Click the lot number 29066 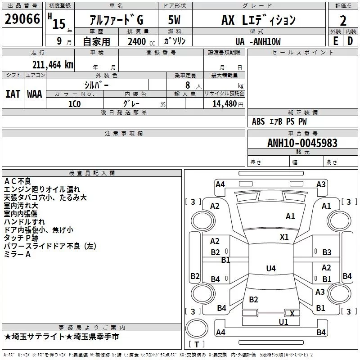click(22, 19)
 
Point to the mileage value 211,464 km click(53, 64)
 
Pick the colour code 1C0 click(74, 103)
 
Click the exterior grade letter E click(335, 41)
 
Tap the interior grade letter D click(350, 41)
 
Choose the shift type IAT click(13, 94)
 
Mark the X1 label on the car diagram click(284, 237)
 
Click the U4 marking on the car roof click(270, 269)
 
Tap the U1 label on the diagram click(283, 322)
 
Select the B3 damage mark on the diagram click(327, 252)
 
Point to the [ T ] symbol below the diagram click(196, 344)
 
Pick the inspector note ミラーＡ click(17, 254)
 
